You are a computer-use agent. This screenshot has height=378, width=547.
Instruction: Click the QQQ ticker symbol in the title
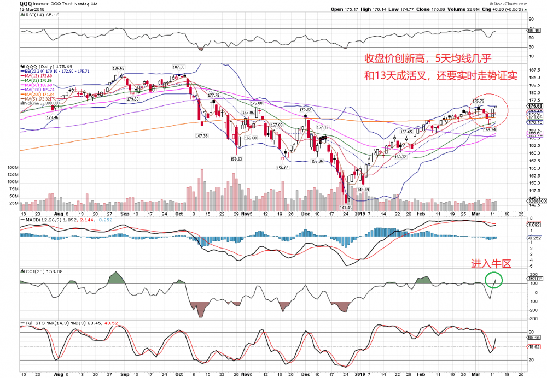26,3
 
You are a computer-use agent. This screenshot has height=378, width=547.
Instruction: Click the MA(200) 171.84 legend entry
41,94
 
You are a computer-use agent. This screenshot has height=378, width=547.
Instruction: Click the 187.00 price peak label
179,67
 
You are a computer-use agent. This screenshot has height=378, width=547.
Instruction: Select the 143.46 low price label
345,208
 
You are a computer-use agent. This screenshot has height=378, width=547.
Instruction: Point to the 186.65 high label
118,68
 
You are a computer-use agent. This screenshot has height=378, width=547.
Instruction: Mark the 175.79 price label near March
478,101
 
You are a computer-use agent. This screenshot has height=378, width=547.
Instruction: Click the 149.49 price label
364,190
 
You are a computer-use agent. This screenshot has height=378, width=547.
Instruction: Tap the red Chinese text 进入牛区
491,264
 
